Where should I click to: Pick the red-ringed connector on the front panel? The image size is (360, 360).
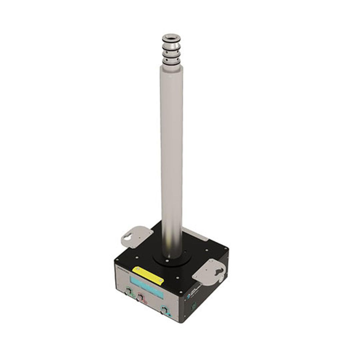[141, 296]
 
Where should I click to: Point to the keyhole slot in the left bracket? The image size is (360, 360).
[128, 237]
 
